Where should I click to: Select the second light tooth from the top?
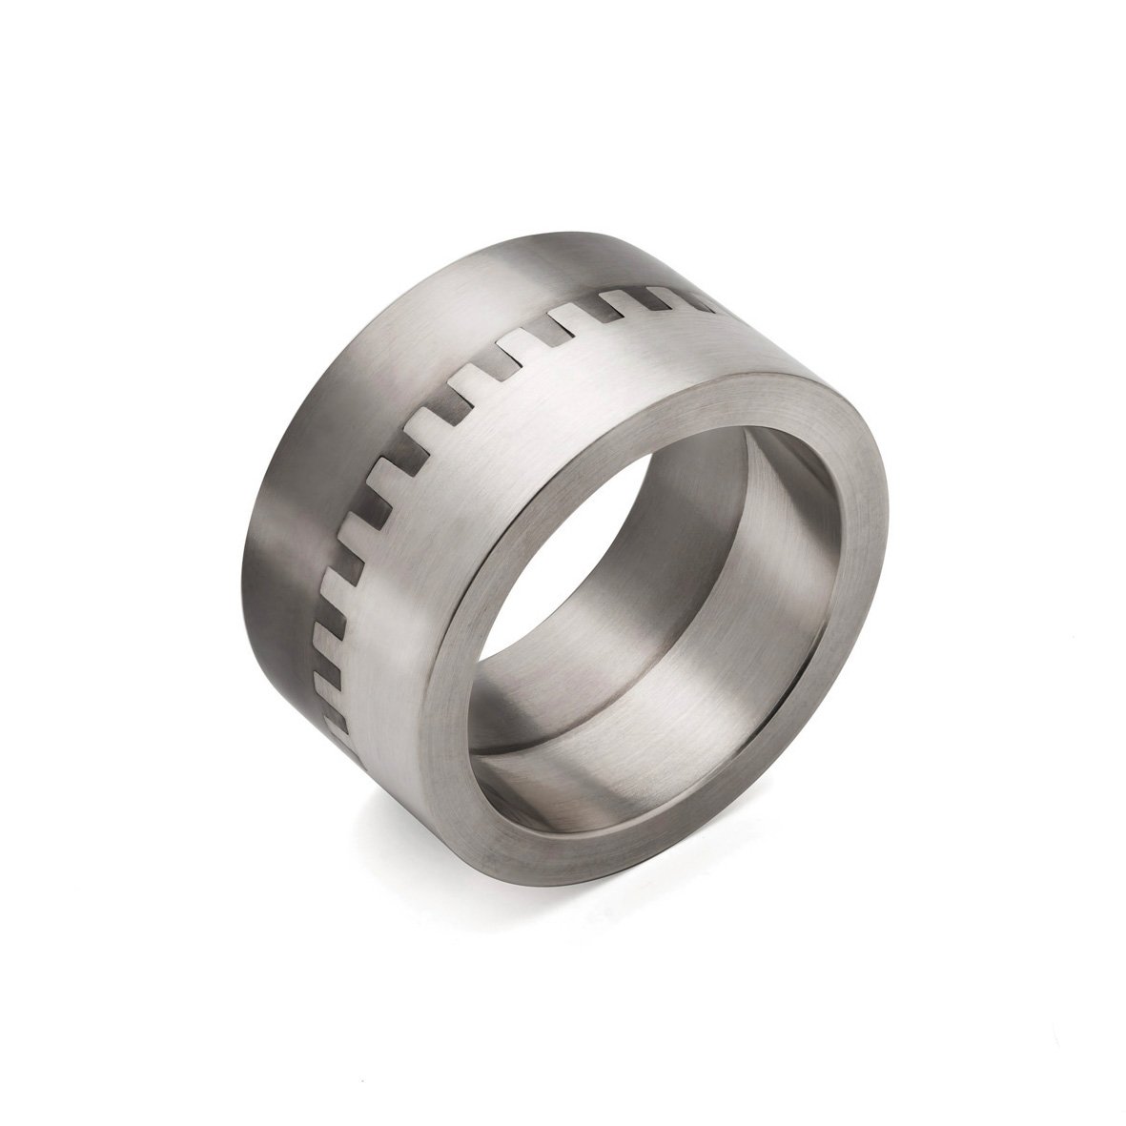pyautogui.click(x=620, y=303)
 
